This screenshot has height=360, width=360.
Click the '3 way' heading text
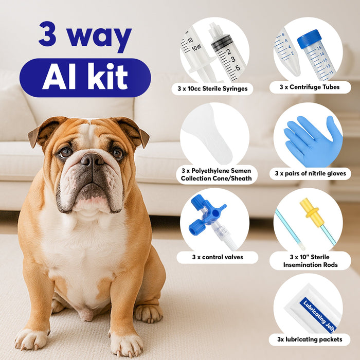[x=85, y=35]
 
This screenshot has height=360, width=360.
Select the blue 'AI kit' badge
[x=85, y=78]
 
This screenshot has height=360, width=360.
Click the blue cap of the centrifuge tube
[x=310, y=39]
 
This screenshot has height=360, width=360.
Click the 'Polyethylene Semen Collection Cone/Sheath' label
[x=217, y=174]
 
